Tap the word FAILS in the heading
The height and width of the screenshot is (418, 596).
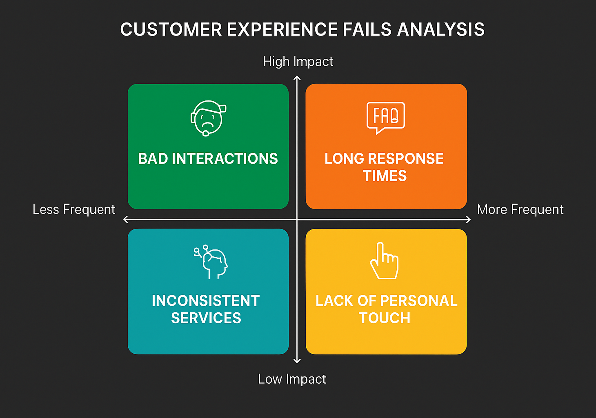click(x=367, y=30)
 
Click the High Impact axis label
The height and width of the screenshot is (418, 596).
click(x=298, y=62)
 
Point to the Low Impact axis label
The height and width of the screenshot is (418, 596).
click(x=292, y=379)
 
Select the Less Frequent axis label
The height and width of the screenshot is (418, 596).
click(x=74, y=209)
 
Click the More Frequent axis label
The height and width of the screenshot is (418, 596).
click(x=520, y=209)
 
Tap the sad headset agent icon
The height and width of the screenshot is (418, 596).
click(x=208, y=118)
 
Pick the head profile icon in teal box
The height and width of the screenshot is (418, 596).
click(x=211, y=262)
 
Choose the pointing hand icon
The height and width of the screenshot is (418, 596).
click(x=384, y=261)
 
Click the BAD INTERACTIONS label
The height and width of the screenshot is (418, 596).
click(x=208, y=159)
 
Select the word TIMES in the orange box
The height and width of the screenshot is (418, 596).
click(x=385, y=176)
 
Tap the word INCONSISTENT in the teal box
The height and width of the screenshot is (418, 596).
click(x=206, y=301)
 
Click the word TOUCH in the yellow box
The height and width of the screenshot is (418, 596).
click(x=385, y=318)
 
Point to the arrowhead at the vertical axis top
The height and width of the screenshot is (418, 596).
click(x=297, y=77)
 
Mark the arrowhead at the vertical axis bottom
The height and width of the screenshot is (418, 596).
click(x=297, y=362)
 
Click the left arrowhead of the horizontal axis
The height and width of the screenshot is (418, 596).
click(x=125, y=220)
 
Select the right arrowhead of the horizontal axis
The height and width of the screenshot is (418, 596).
click(x=469, y=220)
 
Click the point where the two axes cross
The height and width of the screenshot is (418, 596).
click(x=297, y=220)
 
